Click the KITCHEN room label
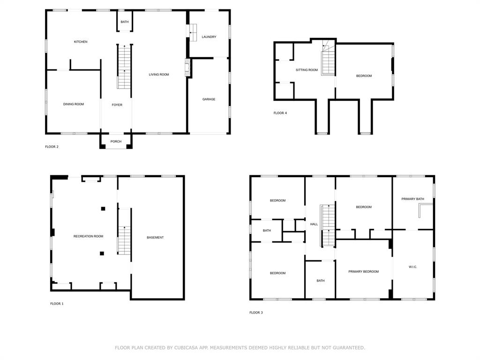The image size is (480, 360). point(81,42)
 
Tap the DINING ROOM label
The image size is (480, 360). point(74,104)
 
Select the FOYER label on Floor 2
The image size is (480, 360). point(117,105)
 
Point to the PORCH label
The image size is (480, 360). point(116,142)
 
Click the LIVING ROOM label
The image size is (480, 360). point(159,75)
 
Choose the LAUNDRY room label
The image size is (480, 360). point(209,37)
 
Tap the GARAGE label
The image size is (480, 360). point(209,99)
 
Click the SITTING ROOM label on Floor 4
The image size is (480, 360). point(307,70)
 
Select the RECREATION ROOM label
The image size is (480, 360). point(88,237)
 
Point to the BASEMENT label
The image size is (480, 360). point(155,238)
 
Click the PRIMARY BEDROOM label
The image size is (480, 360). point(363,272)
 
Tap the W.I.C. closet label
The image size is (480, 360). point(412,267)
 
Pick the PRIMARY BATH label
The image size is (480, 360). point(412,199)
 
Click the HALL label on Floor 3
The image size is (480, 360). point(314,225)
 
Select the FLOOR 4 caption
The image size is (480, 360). point(280,113)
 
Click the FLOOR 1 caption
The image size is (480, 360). point(57,304)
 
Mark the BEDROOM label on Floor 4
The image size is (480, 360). point(364,76)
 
